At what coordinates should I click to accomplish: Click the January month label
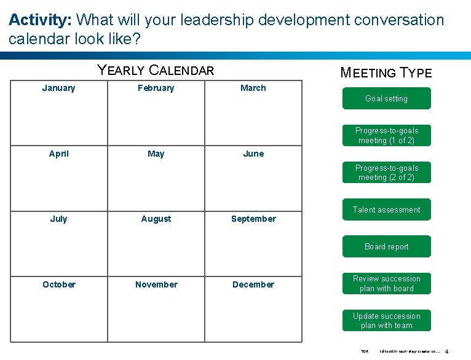tap(58, 88)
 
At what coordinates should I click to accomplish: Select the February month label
tap(156, 88)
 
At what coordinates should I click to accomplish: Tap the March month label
tap(253, 88)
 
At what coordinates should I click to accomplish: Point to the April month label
tap(58, 154)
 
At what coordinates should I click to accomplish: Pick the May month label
tap(156, 154)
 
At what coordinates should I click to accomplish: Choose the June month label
tap(253, 154)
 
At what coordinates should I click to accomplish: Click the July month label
tap(58, 219)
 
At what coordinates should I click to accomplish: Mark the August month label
tap(156, 219)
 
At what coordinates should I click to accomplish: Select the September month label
tap(253, 219)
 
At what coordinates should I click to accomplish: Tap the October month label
tap(58, 284)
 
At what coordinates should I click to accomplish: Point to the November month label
tap(156, 284)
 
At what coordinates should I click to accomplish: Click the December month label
tap(253, 284)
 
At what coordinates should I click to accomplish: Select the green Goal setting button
tap(386, 98)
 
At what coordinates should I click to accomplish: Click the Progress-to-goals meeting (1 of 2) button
tap(386, 135)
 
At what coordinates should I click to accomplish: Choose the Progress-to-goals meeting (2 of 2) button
tap(386, 173)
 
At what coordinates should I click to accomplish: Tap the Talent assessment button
tap(386, 209)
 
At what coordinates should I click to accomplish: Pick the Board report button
tap(386, 246)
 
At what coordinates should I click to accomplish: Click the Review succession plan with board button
tap(386, 283)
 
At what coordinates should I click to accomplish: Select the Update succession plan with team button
tap(386, 321)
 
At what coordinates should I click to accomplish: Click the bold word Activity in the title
tap(39, 20)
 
